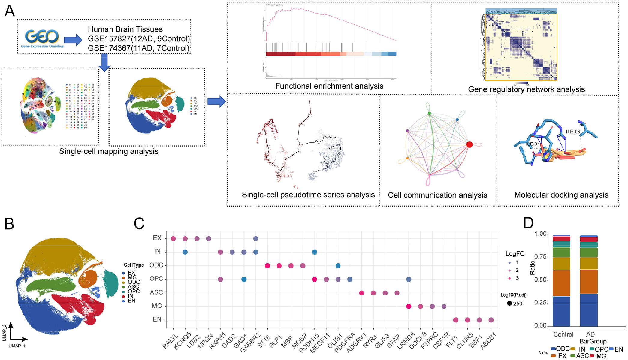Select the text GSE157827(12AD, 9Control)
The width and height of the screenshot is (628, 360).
(139, 39)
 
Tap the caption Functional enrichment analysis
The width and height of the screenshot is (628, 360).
(329, 86)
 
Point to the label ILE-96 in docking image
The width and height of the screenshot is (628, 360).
(573, 132)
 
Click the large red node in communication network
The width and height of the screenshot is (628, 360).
(469, 145)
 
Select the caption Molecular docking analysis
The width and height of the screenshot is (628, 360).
(561, 195)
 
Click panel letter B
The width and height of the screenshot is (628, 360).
(9, 224)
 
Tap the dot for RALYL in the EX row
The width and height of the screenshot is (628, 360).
(173, 239)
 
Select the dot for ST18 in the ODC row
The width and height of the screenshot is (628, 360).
(267, 266)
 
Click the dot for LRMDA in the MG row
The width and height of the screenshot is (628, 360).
(409, 307)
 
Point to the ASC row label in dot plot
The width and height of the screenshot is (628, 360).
(156, 292)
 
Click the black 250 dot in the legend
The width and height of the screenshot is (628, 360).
(509, 303)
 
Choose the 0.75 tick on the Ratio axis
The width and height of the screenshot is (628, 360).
(540, 257)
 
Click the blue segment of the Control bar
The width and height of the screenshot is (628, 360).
(561, 311)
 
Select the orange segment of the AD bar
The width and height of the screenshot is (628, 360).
(589, 282)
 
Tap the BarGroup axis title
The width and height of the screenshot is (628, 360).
(593, 341)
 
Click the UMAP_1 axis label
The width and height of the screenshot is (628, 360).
(17, 346)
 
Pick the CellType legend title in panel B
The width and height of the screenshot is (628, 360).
(134, 265)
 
